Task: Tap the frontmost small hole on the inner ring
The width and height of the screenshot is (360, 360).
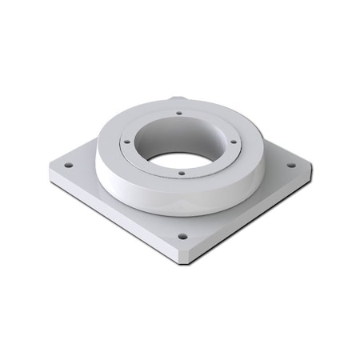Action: tap(182, 172)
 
